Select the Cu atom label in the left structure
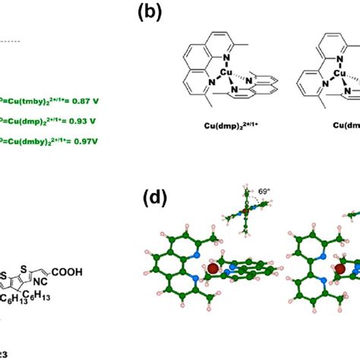226,74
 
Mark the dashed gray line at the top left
11,39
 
